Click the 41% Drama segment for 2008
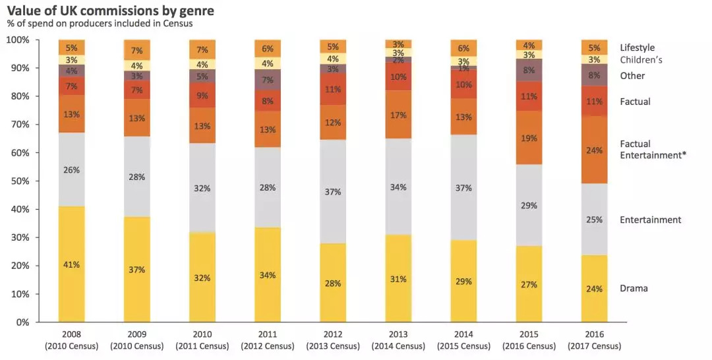tap(71, 264)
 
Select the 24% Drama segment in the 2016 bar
tap(594, 289)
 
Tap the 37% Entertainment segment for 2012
tap(333, 191)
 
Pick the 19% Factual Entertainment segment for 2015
tap(529, 138)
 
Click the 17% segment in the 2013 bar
tap(398, 115)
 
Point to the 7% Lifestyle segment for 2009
tap(136, 50)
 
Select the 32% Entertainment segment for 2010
tap(202, 188)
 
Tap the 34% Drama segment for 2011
tap(268, 274)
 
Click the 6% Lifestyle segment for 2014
tap(463, 48)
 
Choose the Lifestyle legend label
tap(637, 47)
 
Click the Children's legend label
tap(641, 60)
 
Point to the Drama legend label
tap(634, 288)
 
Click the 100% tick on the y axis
tap(18, 40)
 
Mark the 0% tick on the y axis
tap(23, 322)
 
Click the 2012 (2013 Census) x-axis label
tap(333, 340)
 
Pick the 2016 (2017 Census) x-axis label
tap(594, 340)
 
